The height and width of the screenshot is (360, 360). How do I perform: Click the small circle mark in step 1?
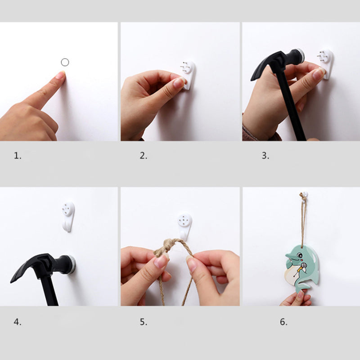(x=65, y=62)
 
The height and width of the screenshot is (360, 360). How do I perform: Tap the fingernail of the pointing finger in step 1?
(x=60, y=75)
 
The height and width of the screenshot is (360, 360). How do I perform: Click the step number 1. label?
(x=18, y=156)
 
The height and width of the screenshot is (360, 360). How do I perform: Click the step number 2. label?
(x=143, y=156)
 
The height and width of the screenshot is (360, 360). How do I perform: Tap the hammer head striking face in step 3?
(x=298, y=56)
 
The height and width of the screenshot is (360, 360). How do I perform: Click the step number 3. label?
(x=265, y=156)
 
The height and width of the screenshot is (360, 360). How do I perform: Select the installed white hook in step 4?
(x=68, y=216)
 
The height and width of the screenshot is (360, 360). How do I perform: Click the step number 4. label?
(x=18, y=322)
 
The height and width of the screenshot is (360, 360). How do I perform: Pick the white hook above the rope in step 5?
(x=184, y=225)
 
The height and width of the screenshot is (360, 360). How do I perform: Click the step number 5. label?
(x=143, y=322)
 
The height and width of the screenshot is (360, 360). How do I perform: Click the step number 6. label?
(x=283, y=322)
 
